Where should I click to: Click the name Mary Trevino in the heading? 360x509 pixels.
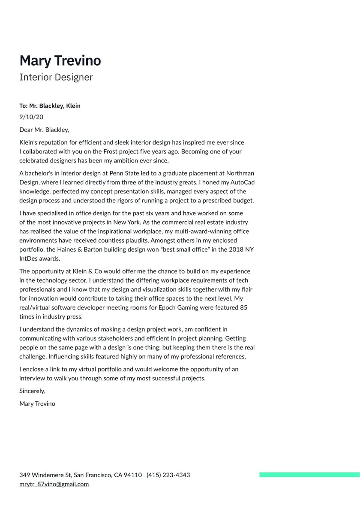click(x=60, y=61)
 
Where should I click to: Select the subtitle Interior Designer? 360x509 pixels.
click(x=56, y=77)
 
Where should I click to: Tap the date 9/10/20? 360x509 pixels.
click(x=31, y=117)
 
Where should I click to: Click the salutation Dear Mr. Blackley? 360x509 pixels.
click(x=44, y=130)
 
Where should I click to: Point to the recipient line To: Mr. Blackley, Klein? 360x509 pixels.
click(x=50, y=105)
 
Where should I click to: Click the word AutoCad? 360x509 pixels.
click(x=242, y=182)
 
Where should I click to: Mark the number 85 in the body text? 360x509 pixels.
click(x=244, y=307)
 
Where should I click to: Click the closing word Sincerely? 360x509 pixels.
click(x=32, y=391)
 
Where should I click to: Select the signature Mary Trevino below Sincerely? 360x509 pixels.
click(x=37, y=404)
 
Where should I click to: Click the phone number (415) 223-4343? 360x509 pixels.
click(x=168, y=475)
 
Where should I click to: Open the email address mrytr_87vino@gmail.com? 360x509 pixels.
click(x=54, y=484)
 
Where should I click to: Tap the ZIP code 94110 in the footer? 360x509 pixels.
click(x=133, y=475)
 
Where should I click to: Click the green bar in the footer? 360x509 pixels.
click(x=309, y=475)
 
